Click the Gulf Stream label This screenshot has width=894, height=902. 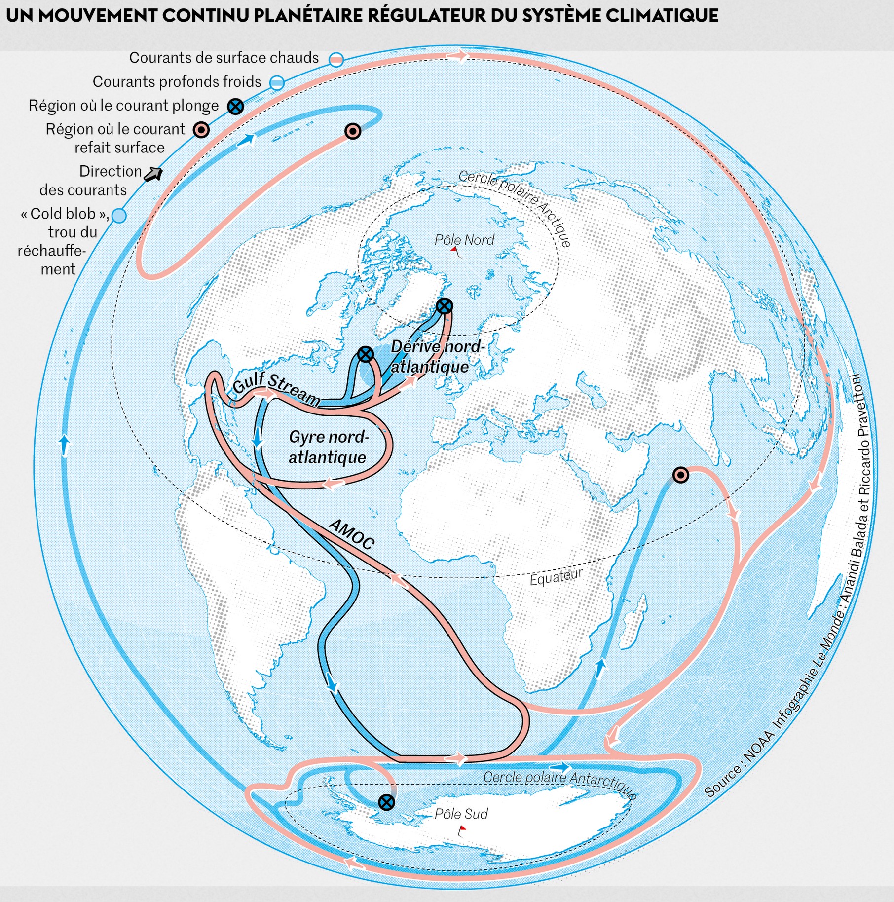[x=276, y=388]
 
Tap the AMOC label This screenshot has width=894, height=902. [x=351, y=534]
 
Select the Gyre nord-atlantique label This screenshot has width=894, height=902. [x=328, y=447]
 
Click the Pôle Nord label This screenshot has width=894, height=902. [x=464, y=240]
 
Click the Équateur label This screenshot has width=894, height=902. [x=556, y=576]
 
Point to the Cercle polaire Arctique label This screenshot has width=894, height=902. [x=515, y=208]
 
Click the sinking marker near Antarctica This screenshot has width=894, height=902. [x=387, y=802]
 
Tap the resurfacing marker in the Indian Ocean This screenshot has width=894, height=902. [x=681, y=475]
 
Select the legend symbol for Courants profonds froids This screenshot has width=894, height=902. [x=277, y=82]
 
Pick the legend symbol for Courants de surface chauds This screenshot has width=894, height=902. [x=336, y=59]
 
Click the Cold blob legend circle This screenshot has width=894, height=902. [x=119, y=216]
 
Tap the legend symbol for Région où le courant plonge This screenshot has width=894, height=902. [x=235, y=106]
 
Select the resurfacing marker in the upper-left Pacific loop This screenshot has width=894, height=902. [x=352, y=131]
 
